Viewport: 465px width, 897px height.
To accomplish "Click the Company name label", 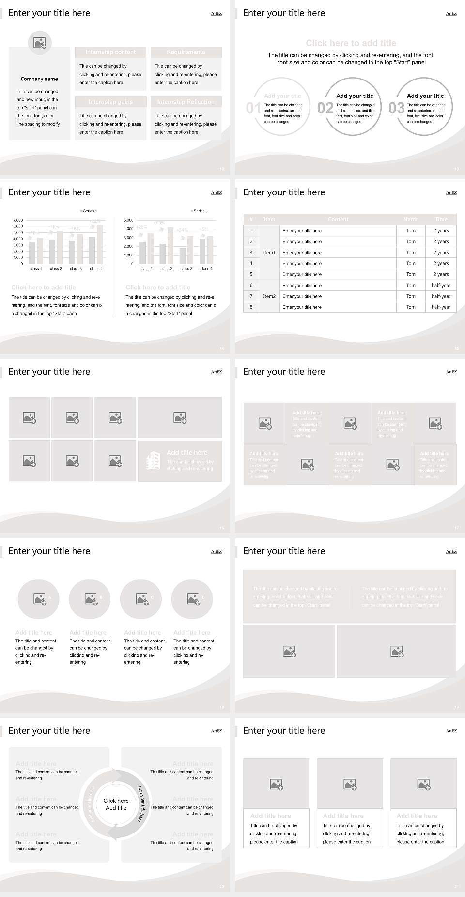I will [x=39, y=79].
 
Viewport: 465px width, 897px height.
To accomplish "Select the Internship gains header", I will [x=110, y=102].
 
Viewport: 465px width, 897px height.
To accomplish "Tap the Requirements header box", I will [x=186, y=52].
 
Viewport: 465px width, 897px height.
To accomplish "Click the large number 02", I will [x=325, y=108].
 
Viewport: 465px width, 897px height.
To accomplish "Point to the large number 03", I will [x=397, y=108].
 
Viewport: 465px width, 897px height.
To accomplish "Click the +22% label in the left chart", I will [x=95, y=222].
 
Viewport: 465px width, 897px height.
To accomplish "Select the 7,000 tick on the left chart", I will [x=18, y=220].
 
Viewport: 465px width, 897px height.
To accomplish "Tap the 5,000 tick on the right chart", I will [x=128, y=220].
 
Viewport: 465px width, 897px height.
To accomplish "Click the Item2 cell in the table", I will [x=269, y=296].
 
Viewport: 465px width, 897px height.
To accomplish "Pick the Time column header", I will [x=441, y=219].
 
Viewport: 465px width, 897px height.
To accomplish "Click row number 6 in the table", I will [x=251, y=285].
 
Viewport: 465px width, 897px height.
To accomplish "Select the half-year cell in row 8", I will [x=441, y=307].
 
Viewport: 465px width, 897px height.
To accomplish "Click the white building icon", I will [x=153, y=461].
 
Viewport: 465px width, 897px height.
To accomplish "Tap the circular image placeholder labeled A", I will [x=38, y=599].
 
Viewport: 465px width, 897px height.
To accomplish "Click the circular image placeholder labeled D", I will [x=192, y=599].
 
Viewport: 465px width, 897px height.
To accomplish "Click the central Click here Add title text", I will [x=116, y=804].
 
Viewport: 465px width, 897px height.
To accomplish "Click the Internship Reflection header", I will [x=186, y=102].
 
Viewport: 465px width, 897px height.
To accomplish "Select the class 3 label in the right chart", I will [x=186, y=269].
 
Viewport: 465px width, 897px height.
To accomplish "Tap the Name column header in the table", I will [x=411, y=219].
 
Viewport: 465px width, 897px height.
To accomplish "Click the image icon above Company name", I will [x=40, y=43].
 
